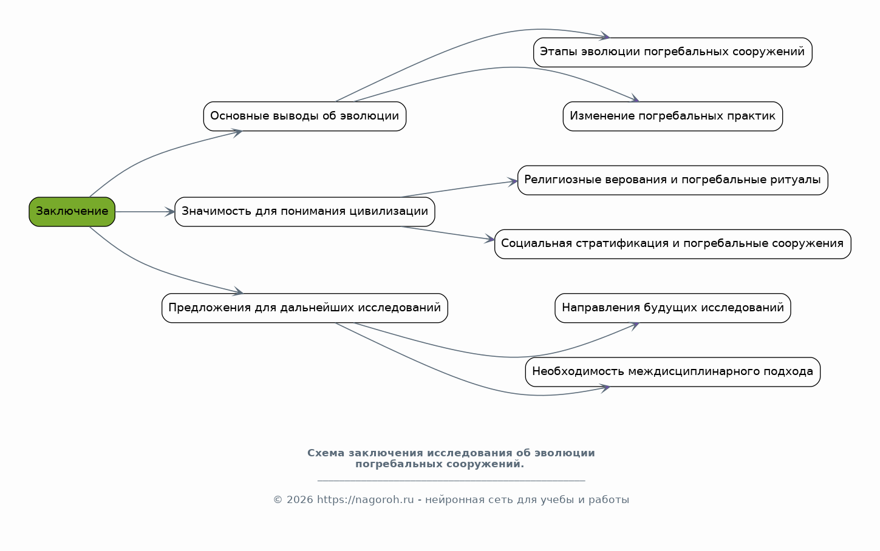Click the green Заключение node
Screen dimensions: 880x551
coord(72,212)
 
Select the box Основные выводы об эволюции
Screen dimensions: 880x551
coord(304,116)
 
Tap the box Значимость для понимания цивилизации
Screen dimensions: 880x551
coord(304,212)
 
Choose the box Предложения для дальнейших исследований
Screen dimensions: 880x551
coord(304,308)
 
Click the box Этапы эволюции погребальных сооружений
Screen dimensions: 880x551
coord(672,52)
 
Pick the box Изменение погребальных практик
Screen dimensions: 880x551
coord(672,116)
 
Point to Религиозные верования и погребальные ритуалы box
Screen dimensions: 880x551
coord(672,180)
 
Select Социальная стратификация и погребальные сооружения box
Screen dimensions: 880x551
coord(672,244)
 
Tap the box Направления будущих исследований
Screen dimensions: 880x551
coord(672,308)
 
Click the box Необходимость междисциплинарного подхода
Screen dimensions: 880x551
coord(672,372)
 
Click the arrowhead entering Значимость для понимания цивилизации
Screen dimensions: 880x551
coord(170,212)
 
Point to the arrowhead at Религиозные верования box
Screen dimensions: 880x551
coord(513,181)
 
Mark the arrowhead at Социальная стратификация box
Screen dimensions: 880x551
coord(489,238)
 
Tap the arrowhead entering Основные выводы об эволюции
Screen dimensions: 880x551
coord(237,133)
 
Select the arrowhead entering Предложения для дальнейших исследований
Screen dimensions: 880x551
coord(238,291)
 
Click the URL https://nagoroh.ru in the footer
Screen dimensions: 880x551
coord(366,499)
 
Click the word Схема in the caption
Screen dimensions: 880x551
coord(326,453)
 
